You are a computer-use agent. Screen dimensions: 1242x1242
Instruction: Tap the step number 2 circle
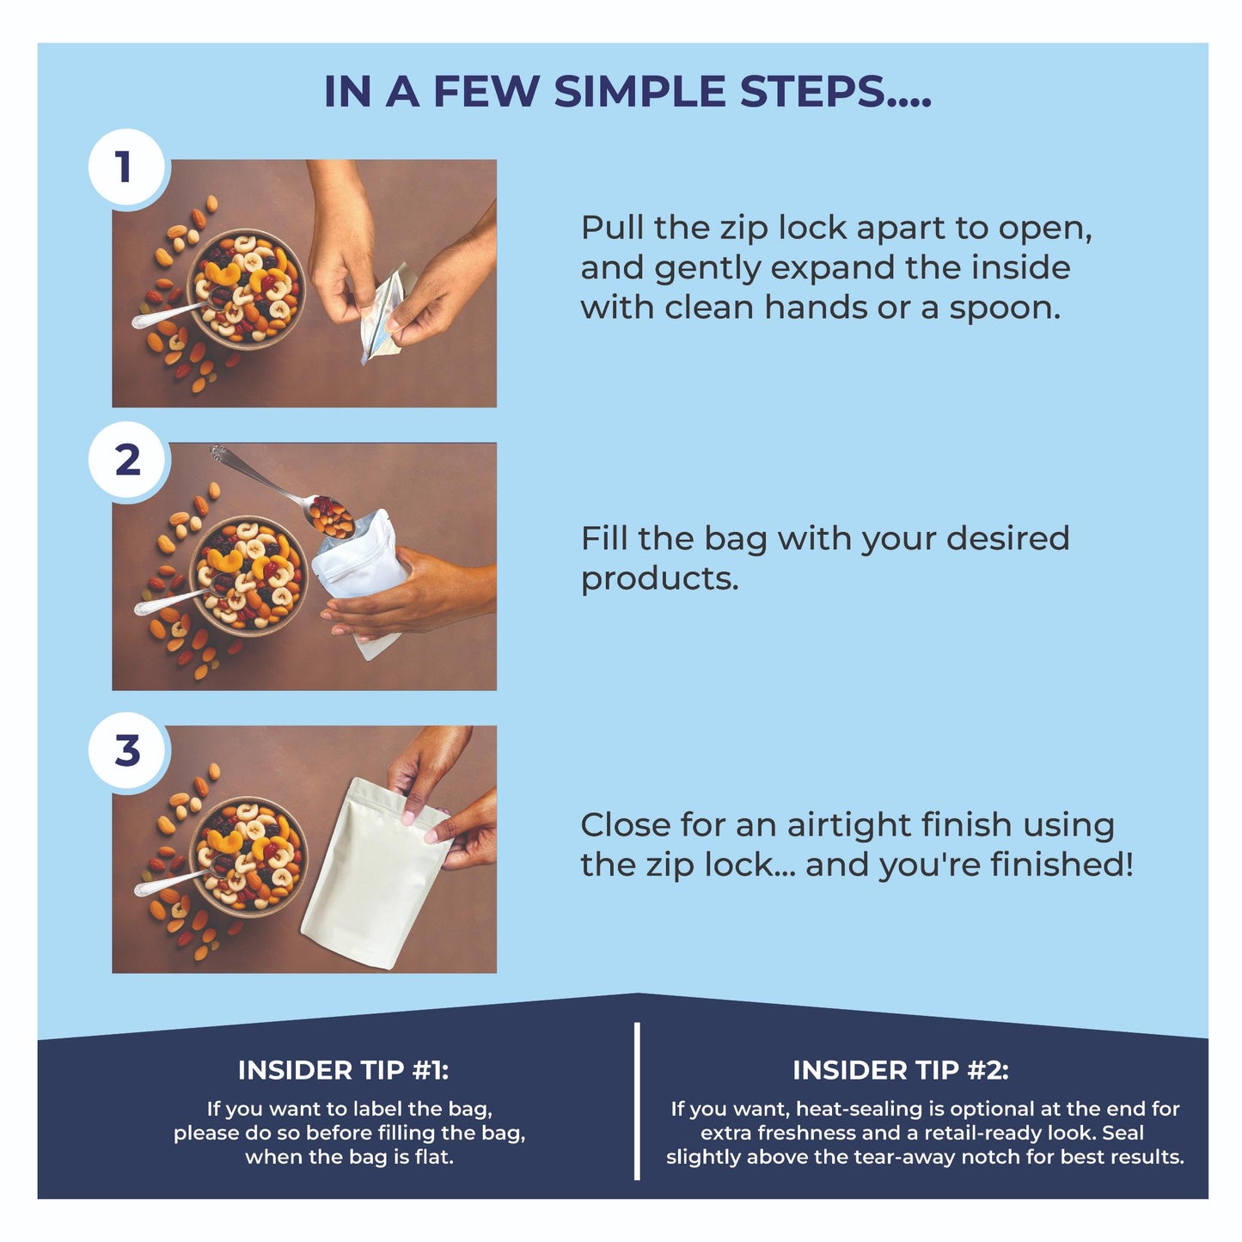[126, 460]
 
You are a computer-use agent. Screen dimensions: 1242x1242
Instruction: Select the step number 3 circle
[126, 750]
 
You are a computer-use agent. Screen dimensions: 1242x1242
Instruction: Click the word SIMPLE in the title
[640, 91]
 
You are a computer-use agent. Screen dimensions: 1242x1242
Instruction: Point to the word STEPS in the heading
[812, 91]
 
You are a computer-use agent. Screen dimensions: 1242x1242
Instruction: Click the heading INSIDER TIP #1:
[343, 1071]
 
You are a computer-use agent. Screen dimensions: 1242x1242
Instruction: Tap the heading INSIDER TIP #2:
[900, 1071]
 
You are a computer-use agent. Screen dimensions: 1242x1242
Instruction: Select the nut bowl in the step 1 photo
[246, 290]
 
